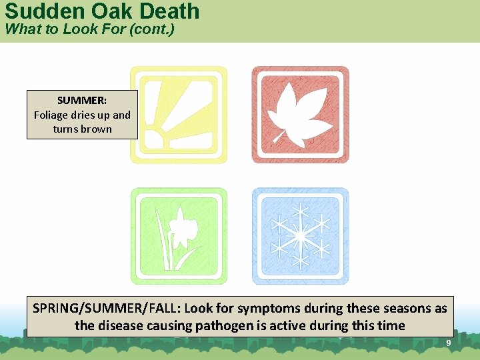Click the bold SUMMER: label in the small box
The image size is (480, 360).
[82, 101]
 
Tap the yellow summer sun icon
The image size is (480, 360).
[178, 114]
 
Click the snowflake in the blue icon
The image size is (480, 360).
[300, 236]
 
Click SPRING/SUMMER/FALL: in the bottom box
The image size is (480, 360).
[107, 309]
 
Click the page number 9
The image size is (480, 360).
[449, 343]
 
